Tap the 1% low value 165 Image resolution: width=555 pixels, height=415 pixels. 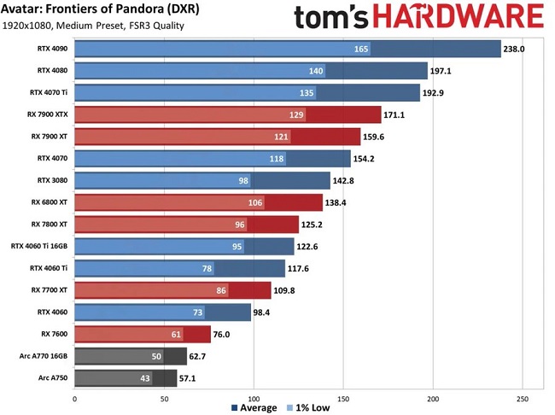click(x=360, y=49)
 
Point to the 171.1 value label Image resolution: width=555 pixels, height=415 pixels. click(x=398, y=114)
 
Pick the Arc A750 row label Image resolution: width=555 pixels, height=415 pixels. click(x=53, y=377)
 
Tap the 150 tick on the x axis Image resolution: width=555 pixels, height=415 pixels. click(x=344, y=398)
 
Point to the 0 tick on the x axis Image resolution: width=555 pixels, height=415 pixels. click(x=75, y=398)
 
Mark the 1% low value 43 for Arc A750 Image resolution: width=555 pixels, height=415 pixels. click(x=145, y=377)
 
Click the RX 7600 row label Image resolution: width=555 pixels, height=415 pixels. click(x=55, y=333)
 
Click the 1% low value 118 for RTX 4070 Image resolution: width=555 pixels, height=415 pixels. click(x=277, y=158)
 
